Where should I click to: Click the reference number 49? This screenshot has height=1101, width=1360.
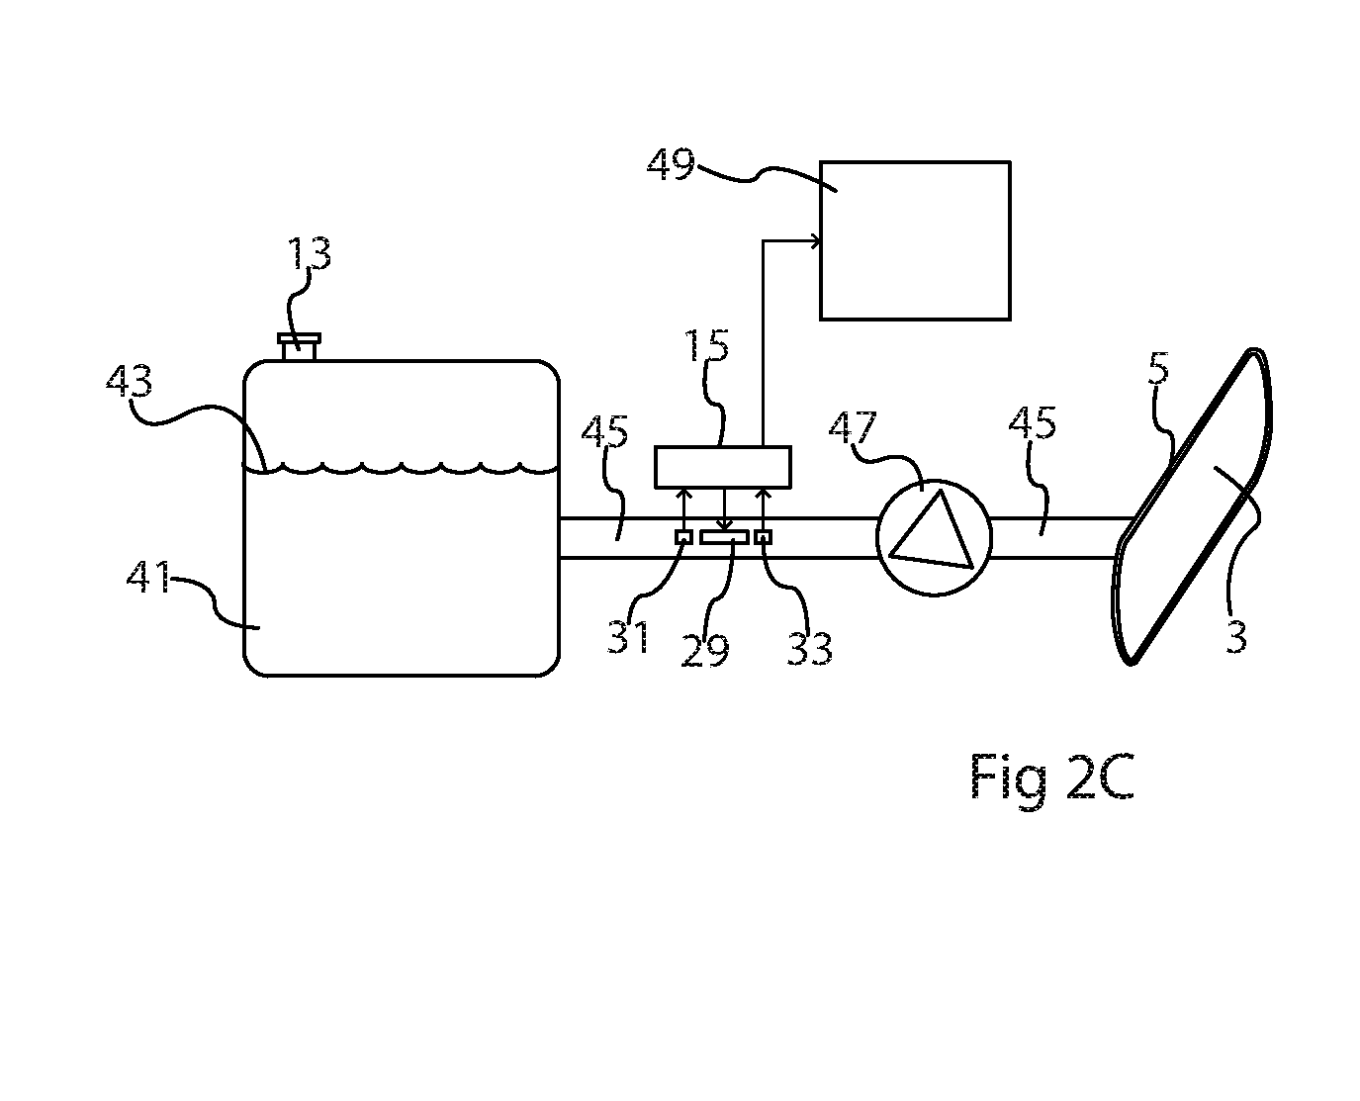(671, 164)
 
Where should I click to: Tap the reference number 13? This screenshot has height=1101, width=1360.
(309, 253)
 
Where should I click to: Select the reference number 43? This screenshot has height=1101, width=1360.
(129, 381)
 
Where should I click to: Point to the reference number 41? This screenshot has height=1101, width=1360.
(148, 578)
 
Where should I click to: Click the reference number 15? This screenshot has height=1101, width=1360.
(706, 346)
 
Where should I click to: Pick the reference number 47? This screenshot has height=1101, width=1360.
(853, 427)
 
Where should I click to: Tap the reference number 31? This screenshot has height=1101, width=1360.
(628, 636)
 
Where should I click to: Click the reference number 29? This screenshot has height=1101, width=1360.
(705, 651)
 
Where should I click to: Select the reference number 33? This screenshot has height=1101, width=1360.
(810, 650)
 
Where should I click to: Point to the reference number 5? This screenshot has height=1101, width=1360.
(1159, 368)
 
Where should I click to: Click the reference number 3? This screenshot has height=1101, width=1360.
(1236, 637)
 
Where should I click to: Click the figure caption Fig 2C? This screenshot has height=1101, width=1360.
(1052, 777)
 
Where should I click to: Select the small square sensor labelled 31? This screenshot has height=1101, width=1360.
(683, 537)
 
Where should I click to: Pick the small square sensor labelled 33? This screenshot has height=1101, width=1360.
(763, 537)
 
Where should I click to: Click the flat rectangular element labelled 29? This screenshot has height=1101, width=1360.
(724, 538)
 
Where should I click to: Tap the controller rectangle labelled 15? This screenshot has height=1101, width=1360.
(723, 467)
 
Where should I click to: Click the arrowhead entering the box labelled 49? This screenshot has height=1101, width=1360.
(815, 241)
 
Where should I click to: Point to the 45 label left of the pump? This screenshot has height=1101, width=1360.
(604, 431)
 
